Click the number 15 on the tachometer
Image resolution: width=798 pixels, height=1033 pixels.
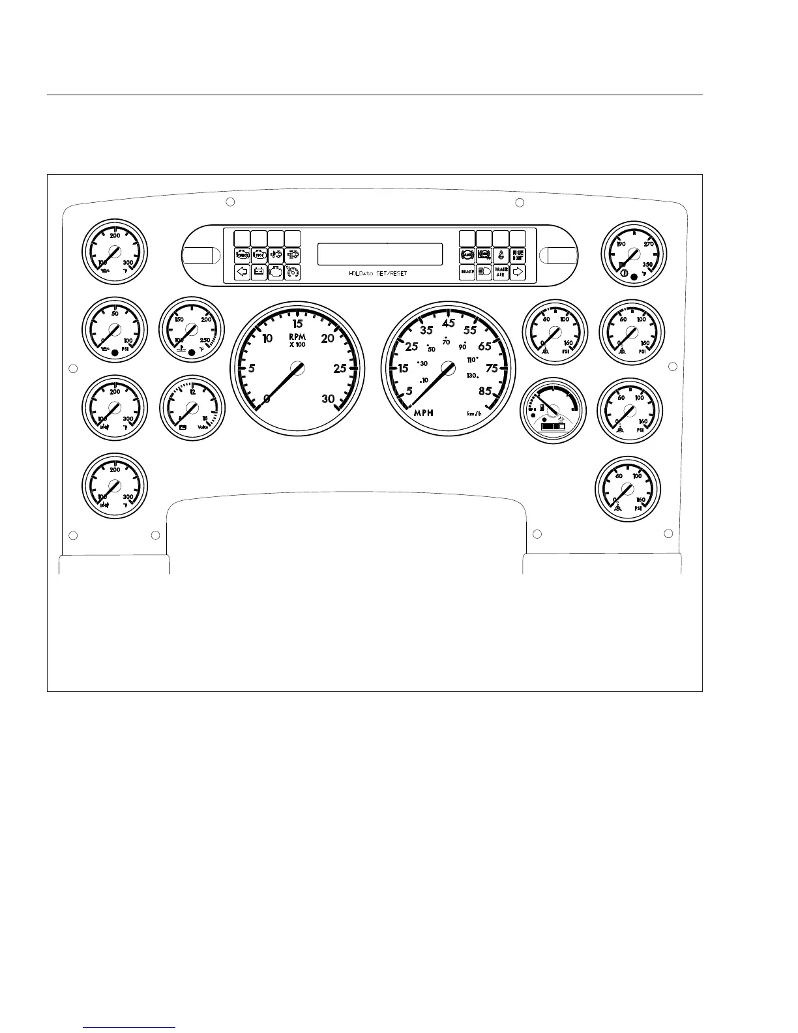click(x=298, y=323)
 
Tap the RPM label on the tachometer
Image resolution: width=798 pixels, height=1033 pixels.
click(x=297, y=337)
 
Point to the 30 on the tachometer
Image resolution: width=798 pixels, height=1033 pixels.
click(x=328, y=399)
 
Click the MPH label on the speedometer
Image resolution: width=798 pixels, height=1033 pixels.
click(x=424, y=413)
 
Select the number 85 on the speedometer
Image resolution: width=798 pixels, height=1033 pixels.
click(x=485, y=391)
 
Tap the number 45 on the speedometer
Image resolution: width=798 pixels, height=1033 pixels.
click(x=449, y=323)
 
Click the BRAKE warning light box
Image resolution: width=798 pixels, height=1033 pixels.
click(x=467, y=273)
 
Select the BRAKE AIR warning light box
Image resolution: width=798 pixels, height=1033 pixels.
click(x=501, y=273)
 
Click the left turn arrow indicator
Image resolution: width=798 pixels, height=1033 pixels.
click(x=242, y=272)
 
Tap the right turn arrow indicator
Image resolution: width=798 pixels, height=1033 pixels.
click(x=518, y=272)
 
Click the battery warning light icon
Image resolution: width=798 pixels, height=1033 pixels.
click(x=259, y=272)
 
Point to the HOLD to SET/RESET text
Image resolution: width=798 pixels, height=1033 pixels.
click(x=378, y=273)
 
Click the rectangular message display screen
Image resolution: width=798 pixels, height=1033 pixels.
click(x=380, y=254)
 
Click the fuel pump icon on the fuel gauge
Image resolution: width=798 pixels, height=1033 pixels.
click(x=542, y=407)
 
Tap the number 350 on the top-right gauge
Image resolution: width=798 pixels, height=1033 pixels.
click(x=647, y=265)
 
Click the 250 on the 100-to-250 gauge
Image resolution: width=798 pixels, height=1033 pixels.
click(x=205, y=340)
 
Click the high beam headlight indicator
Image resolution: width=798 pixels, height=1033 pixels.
click(x=484, y=273)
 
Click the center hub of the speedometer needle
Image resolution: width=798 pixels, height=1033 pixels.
click(x=448, y=368)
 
